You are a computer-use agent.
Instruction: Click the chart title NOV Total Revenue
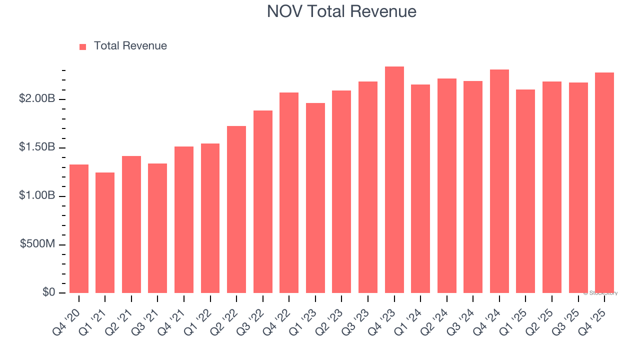[x=341, y=11]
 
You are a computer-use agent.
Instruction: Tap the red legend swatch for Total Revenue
[x=83, y=46]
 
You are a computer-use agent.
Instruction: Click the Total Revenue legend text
[x=130, y=46]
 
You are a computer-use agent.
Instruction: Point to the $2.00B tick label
[x=37, y=99]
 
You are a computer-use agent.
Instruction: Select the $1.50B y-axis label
[x=37, y=147]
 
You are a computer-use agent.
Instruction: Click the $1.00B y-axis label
[x=37, y=196]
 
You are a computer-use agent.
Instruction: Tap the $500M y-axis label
[x=38, y=244]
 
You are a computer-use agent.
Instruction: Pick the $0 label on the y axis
[x=48, y=292]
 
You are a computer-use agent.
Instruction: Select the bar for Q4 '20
[x=79, y=229]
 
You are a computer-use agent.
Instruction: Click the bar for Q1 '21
[x=105, y=233]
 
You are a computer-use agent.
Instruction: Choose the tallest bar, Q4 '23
[x=394, y=180]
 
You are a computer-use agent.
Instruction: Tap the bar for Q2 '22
[x=236, y=209]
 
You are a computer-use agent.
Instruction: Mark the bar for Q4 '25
[x=604, y=183]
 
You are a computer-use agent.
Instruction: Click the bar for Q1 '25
[x=525, y=191]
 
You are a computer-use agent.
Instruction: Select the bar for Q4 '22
[x=289, y=193]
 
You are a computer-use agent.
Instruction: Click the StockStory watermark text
[x=600, y=293]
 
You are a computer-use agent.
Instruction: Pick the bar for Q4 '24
[x=499, y=181]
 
